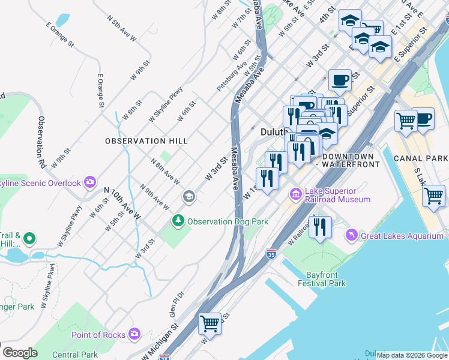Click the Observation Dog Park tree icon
pyautogui.click(x=178, y=221)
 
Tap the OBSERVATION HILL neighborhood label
pyautogui.click(x=146, y=141)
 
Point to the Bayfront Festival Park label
pyautogui.click(x=322, y=278)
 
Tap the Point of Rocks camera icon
pyautogui.click(x=134, y=334)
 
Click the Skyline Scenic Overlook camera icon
pyautogui.click(x=90, y=182)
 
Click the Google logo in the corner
pyautogui.click(x=20, y=352)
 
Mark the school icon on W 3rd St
pyautogui.click(x=189, y=197)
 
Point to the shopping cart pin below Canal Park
pyautogui.click(x=433, y=195)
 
